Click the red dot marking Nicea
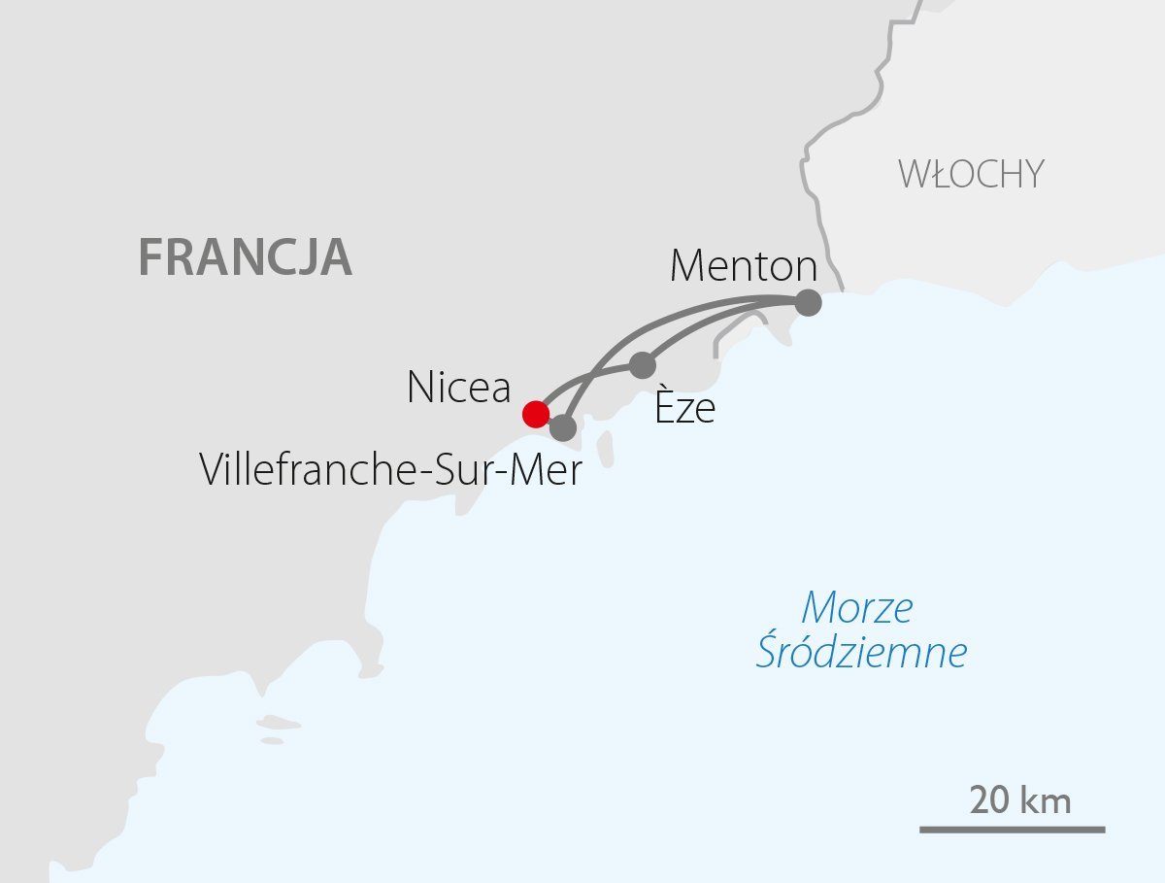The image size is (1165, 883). click(535, 414)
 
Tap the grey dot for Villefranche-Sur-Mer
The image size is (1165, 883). click(563, 426)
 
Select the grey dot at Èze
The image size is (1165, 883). click(643, 365)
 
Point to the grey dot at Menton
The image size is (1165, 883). click(808, 303)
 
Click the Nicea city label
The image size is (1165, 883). click(458, 389)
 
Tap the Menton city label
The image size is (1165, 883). click(744, 266)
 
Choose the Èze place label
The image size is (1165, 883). click(684, 408)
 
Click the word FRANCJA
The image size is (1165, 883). click(245, 257)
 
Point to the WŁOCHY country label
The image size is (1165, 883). click(971, 175)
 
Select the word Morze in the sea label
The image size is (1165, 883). click(857, 609)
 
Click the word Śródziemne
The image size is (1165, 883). click(861, 653)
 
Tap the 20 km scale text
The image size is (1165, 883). click(1019, 802)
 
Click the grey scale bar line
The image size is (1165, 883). click(1012, 830)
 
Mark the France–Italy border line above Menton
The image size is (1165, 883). click(808, 194)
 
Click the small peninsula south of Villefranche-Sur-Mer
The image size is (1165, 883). click(607, 448)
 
